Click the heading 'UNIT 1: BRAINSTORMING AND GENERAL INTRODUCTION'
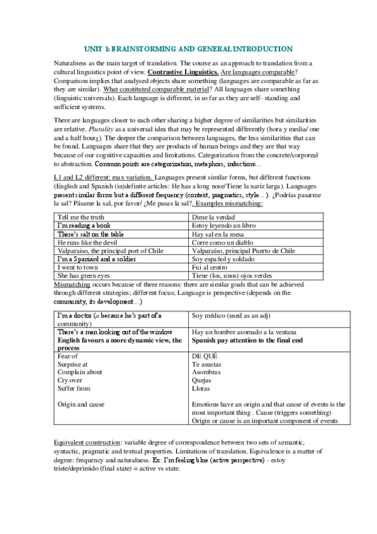[x=188, y=48]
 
